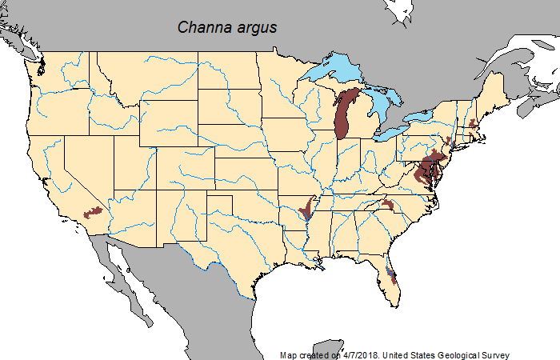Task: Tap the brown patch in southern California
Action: [x=94, y=212]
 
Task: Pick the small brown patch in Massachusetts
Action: [x=474, y=124]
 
